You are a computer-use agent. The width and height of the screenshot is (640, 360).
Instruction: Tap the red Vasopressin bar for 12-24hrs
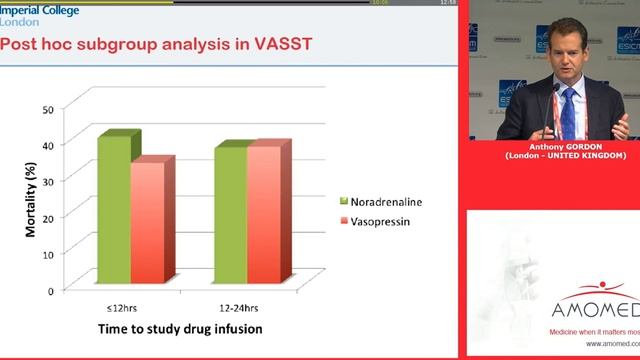pos(265,217)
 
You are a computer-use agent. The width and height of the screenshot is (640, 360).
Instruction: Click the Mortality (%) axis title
pos(32,201)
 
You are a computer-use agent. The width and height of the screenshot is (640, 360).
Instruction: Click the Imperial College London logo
pos(34,13)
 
